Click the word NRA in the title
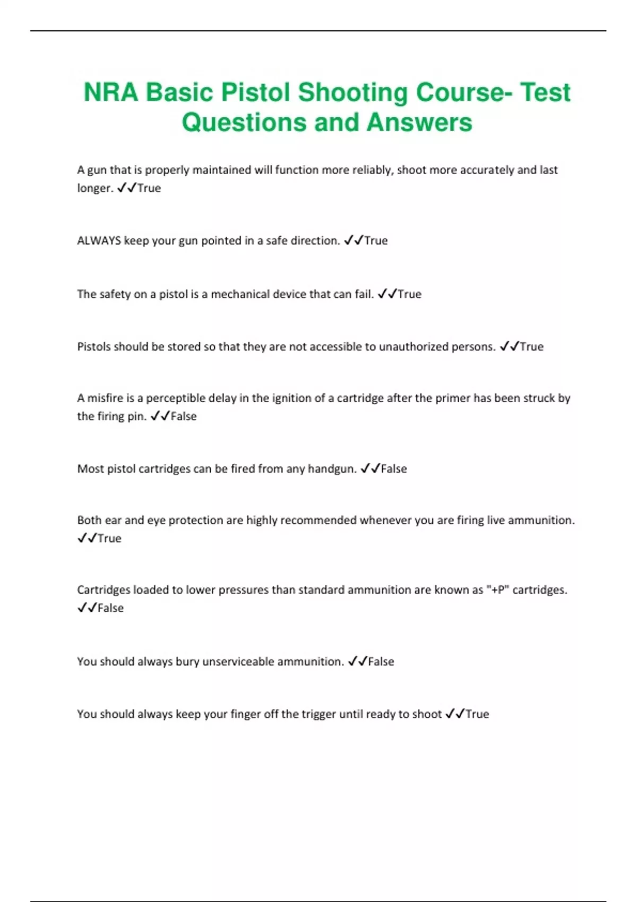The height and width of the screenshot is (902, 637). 110,92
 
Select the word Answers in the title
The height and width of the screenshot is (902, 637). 419,122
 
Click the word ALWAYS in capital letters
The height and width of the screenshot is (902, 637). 99,241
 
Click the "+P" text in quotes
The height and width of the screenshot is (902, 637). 497,590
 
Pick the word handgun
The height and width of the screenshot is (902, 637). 332,469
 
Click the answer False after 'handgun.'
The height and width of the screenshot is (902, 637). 394,469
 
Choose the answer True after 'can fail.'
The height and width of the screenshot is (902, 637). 409,294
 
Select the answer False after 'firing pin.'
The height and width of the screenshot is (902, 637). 184,417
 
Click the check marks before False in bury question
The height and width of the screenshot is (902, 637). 357,662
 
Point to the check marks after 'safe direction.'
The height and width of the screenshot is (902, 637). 354,241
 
